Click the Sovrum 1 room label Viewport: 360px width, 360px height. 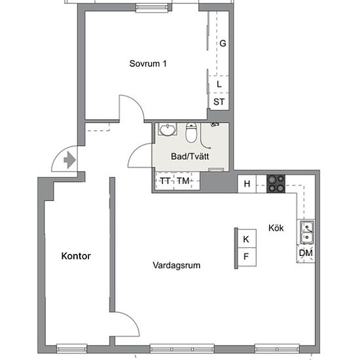click(148, 63)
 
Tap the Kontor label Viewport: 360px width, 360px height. click(76, 256)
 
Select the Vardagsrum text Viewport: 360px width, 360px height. click(176, 265)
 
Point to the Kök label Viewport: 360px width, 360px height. click(276, 228)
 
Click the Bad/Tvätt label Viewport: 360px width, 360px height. click(190, 156)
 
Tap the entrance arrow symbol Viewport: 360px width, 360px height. click(69, 160)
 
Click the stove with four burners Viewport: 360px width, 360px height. click(276, 184)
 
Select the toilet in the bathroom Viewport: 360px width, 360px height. click(191, 132)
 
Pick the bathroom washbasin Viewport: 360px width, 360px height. click(168, 130)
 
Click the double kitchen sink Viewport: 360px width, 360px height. click(307, 232)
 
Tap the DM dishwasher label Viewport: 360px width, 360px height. click(306, 253)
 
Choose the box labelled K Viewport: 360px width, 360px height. click(247, 238)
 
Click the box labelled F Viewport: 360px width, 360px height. click(247, 257)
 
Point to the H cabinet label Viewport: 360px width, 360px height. click(247, 184)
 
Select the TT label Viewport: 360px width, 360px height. click(165, 181)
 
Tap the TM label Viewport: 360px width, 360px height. click(183, 181)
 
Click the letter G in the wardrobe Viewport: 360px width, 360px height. click(223, 43)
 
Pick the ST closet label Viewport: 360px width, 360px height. click(219, 101)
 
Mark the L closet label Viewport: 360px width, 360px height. click(219, 84)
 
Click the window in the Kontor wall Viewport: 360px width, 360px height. click(71, 348)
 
